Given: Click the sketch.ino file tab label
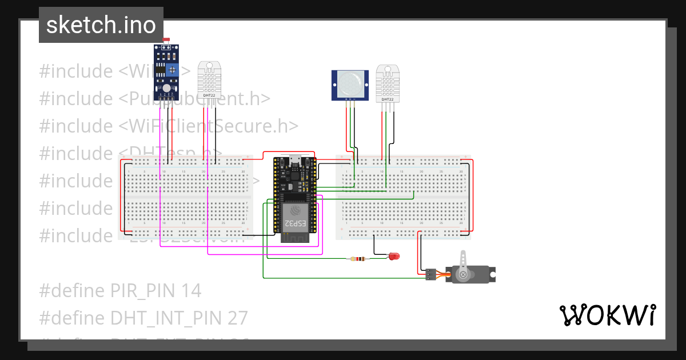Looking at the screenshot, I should [101, 25].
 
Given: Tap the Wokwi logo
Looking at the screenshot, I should [607, 315].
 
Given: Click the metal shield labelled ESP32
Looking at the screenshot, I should [294, 217].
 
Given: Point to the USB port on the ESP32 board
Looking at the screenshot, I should [295, 160].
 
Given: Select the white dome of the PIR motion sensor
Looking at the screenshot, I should [350, 84].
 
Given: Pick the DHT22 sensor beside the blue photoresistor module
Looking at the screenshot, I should [209, 79].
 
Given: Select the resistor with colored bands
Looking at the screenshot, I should [358, 259].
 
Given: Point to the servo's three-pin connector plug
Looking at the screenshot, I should [430, 274].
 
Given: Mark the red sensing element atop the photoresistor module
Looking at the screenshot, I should [166, 40].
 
